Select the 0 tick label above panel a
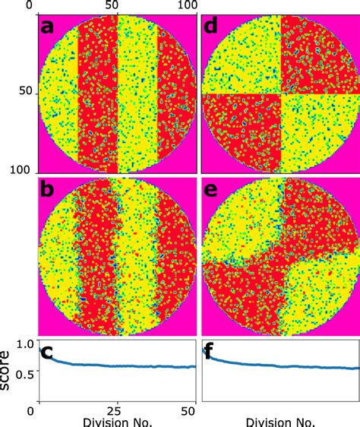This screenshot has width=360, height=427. (x=30, y=6)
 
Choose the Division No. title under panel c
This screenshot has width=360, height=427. (x=112, y=422)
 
